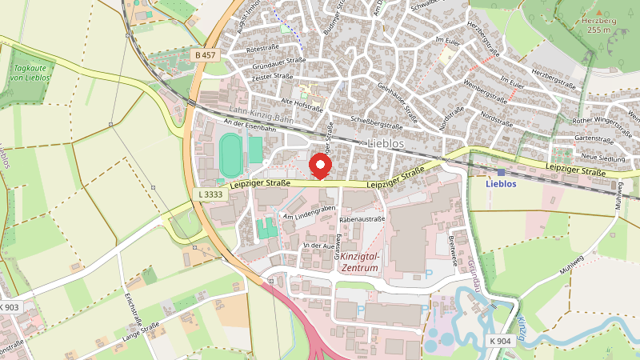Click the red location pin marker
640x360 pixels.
pyautogui.click(x=321, y=166)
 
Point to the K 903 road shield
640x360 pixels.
pyautogui.click(x=11, y=307)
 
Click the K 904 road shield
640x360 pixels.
pyautogui.click(x=501, y=341)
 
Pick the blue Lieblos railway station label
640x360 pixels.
pyautogui.click(x=502, y=183)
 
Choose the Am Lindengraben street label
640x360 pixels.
pyautogui.click(x=309, y=213)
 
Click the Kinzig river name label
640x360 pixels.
pyautogui.click(x=520, y=329)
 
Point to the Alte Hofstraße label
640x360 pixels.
pyautogui.click(x=302, y=103)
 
